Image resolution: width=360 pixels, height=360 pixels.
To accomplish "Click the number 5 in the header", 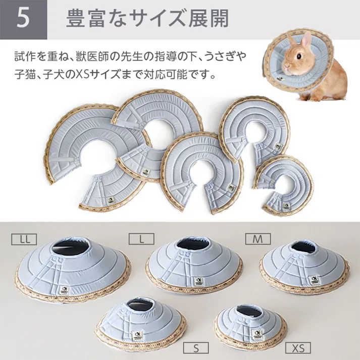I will pos(23,19).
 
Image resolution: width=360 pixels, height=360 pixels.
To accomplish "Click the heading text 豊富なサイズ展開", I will pos(147,19).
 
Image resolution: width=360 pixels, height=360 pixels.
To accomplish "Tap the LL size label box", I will pos(23,237).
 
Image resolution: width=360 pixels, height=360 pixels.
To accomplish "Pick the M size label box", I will pos(258,238).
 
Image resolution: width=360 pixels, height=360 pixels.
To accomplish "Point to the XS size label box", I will pos(298,348).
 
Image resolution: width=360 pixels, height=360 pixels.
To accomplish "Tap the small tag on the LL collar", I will pos(65,291).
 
